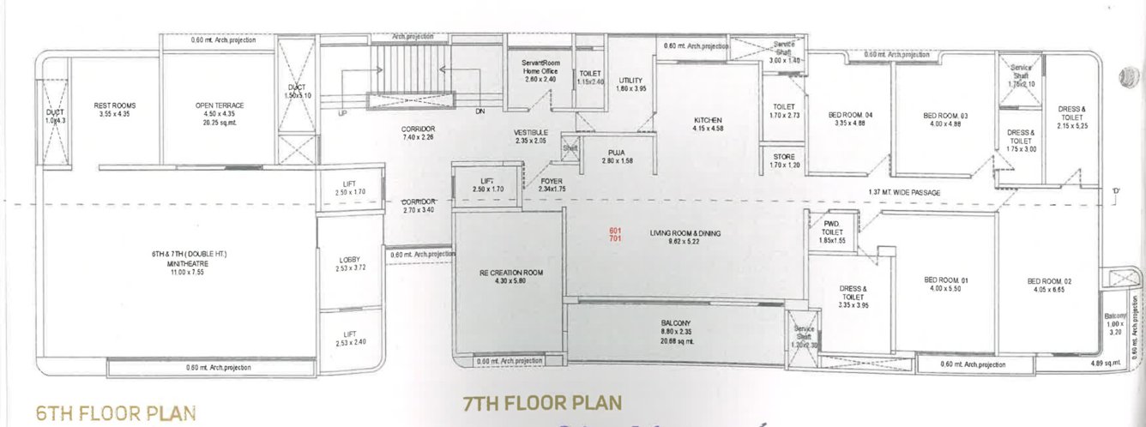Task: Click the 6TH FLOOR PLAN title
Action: point(116,412)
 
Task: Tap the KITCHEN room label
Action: point(708,120)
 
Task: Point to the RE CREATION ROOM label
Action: point(508,273)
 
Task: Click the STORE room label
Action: point(784,156)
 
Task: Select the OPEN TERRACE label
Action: point(220,105)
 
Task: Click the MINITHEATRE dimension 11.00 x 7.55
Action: point(176,271)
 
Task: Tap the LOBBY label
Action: point(349,260)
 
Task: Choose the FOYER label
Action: point(551,181)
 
